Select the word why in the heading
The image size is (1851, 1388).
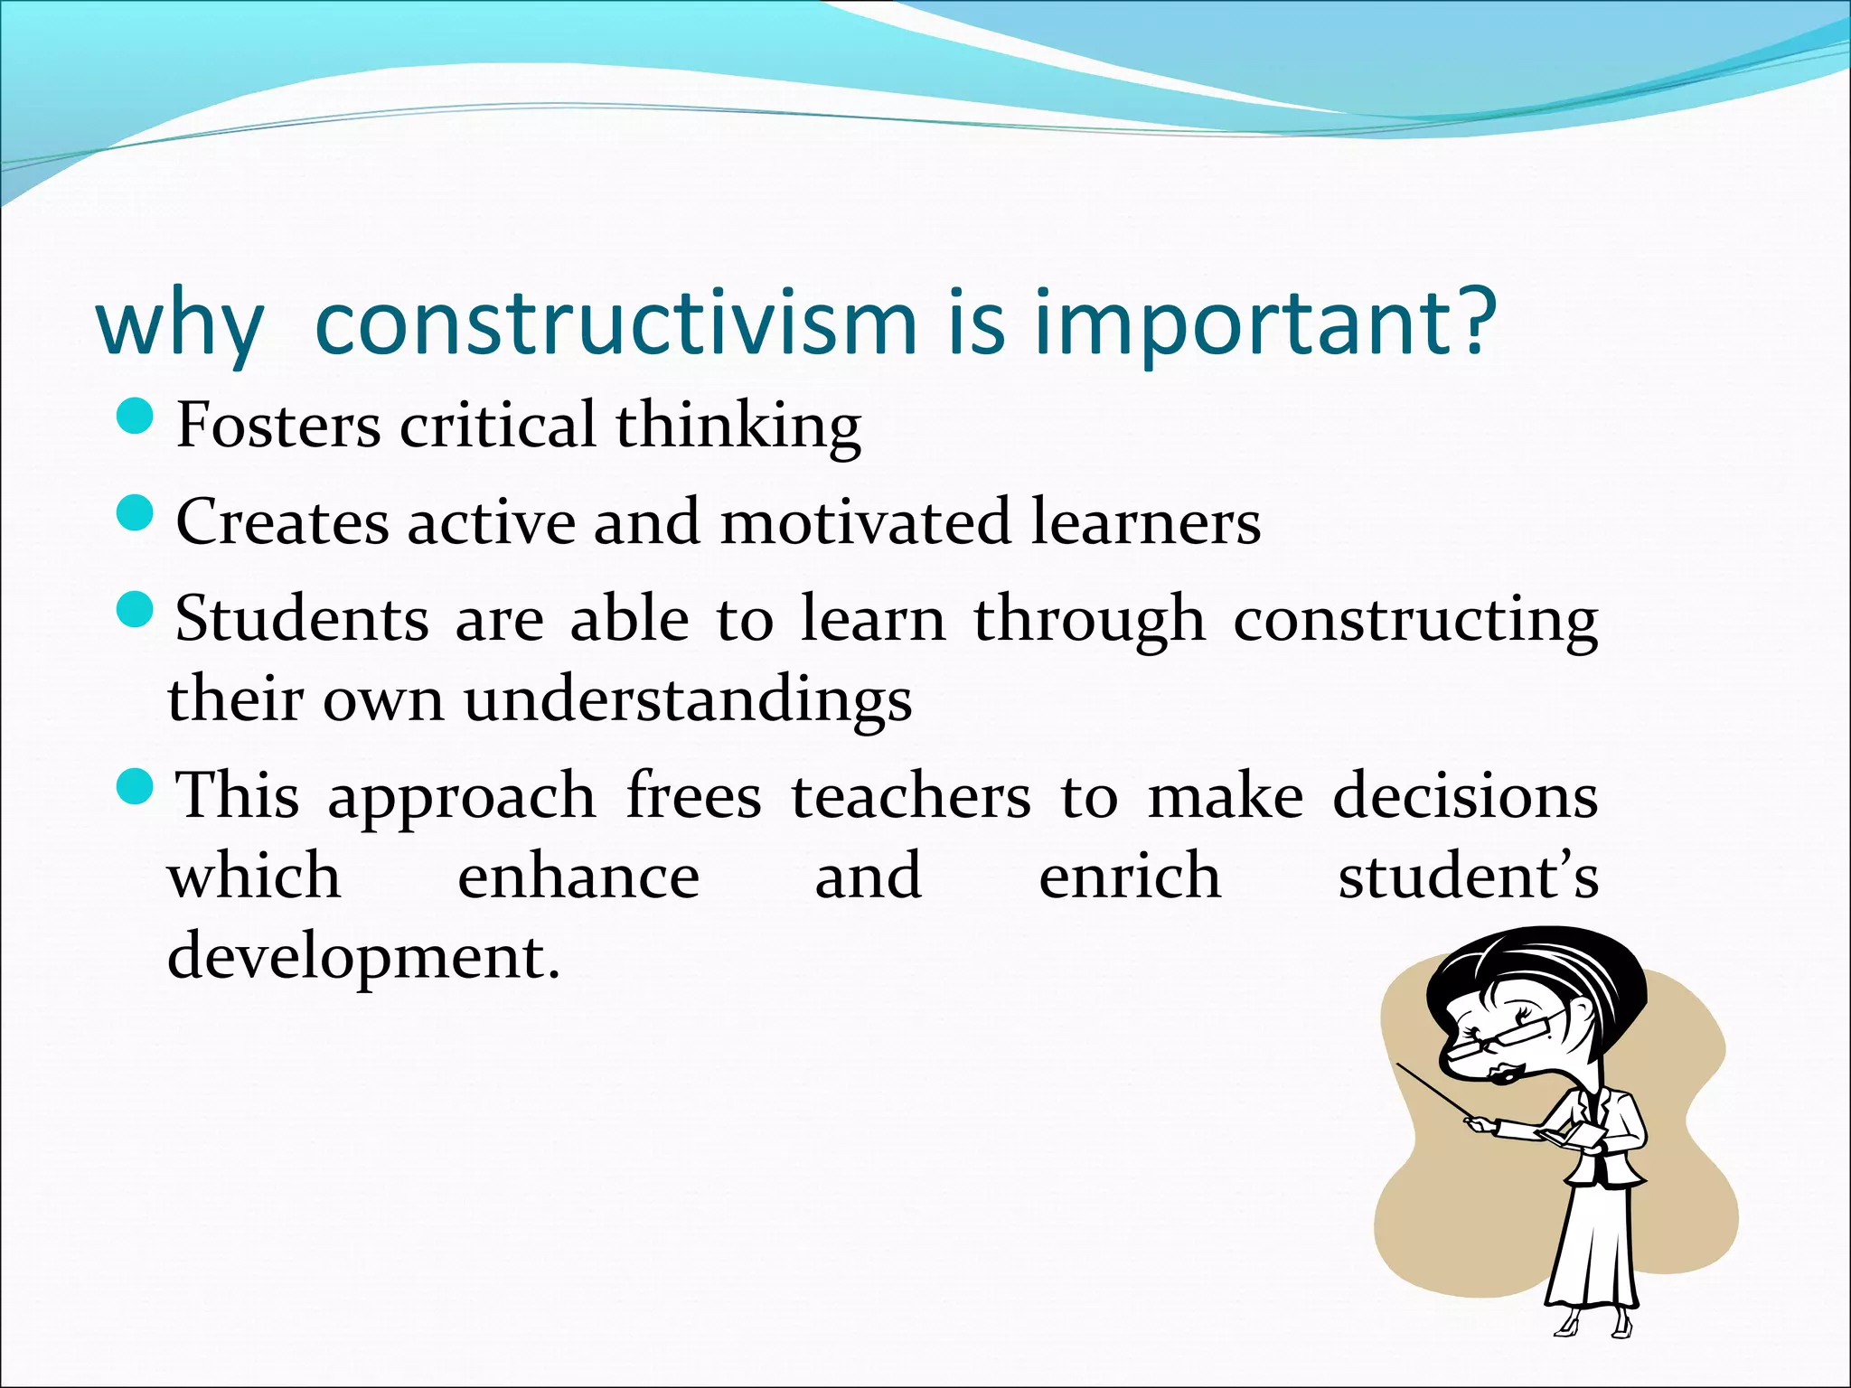[x=179, y=325]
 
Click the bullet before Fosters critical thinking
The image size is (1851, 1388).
[x=136, y=417]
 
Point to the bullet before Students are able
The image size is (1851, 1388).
[x=136, y=611]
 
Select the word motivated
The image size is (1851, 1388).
[x=864, y=521]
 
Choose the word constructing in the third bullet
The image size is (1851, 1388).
[x=1415, y=622]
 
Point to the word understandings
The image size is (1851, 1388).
[x=688, y=701]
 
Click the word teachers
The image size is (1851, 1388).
[x=911, y=796]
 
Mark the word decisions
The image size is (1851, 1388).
[x=1465, y=796]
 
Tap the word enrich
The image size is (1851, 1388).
[x=1130, y=876]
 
